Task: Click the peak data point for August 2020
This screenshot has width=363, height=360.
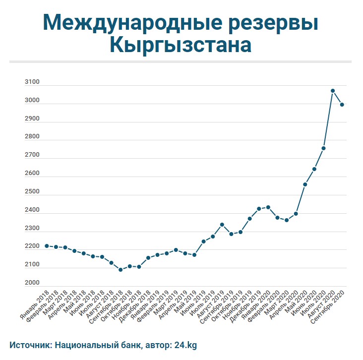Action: pyautogui.click(x=333, y=91)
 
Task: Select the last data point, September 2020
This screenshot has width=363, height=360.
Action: pyautogui.click(x=342, y=105)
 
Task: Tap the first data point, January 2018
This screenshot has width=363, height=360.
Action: pyautogui.click(x=47, y=246)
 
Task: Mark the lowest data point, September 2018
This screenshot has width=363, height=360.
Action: pyautogui.click(x=121, y=270)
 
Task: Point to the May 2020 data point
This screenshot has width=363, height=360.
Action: pyautogui.click(x=305, y=184)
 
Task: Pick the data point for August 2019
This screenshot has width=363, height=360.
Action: pyautogui.click(x=222, y=225)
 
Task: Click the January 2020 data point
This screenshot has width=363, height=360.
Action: pyautogui.click(x=268, y=207)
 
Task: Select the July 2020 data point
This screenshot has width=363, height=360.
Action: pyautogui.click(x=323, y=148)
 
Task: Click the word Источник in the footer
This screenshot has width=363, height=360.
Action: pyautogui.click(x=30, y=344)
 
